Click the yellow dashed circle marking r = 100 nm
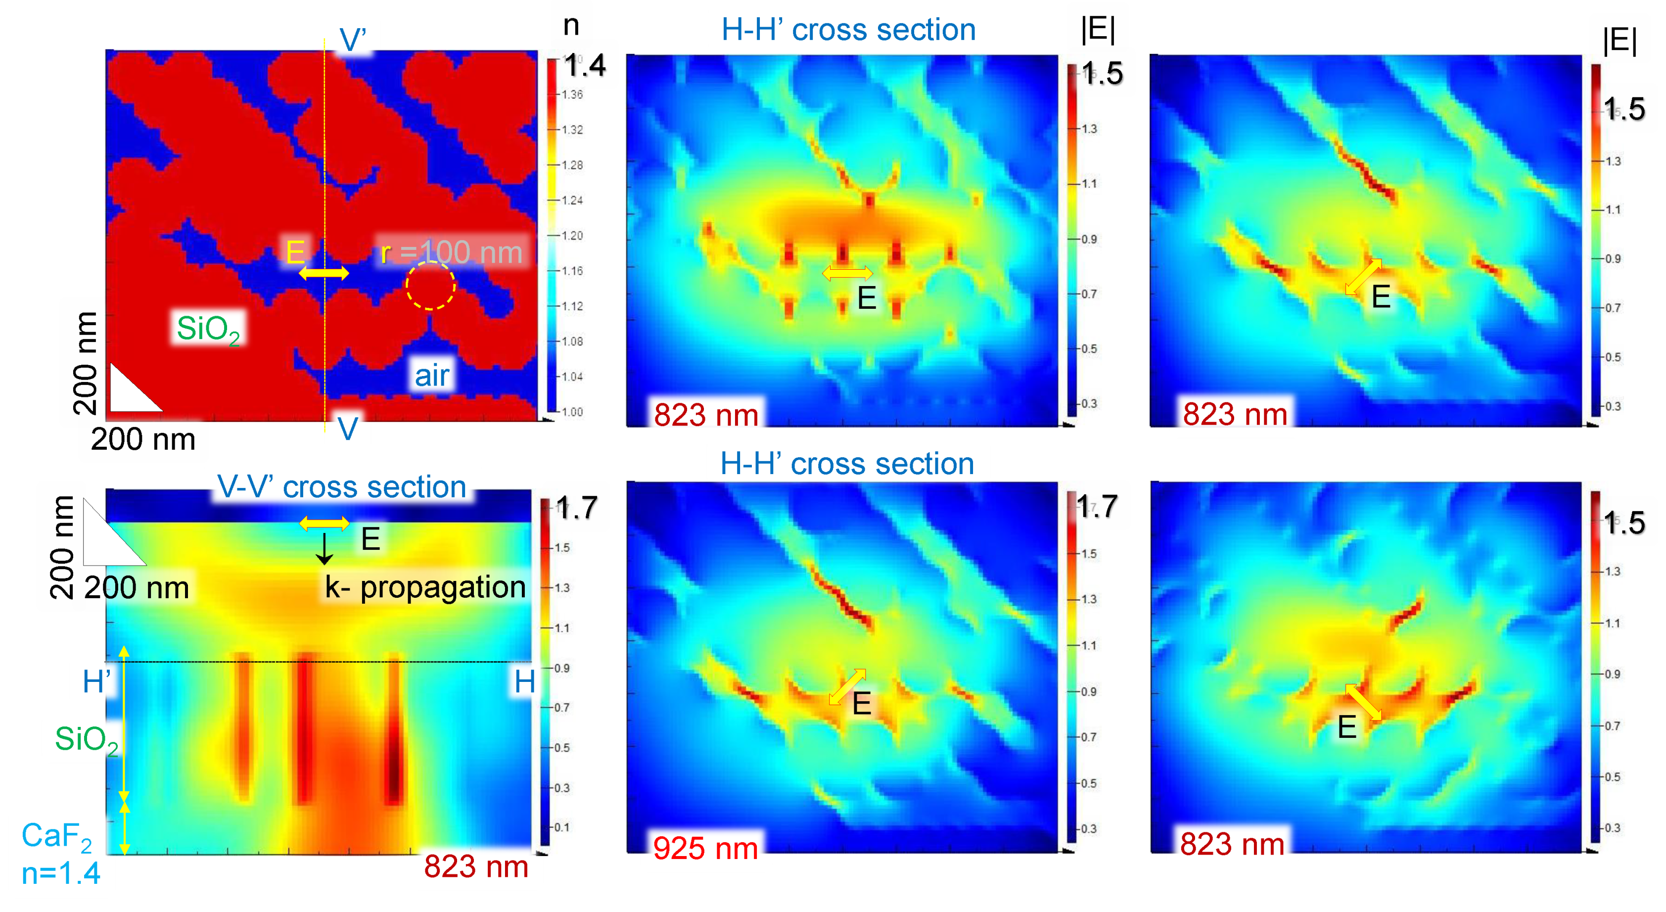[430, 285]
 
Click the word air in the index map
[431, 375]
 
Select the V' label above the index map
[353, 41]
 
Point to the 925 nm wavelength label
[705, 848]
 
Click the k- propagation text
[425, 587]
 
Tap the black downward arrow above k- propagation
[324, 550]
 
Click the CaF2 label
[56, 836]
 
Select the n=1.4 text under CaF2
[61, 874]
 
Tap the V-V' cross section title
[341, 487]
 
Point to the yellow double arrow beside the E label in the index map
[324, 274]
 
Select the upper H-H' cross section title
[848, 30]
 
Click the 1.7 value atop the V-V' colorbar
[576, 508]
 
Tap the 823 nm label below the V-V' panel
[476, 867]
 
